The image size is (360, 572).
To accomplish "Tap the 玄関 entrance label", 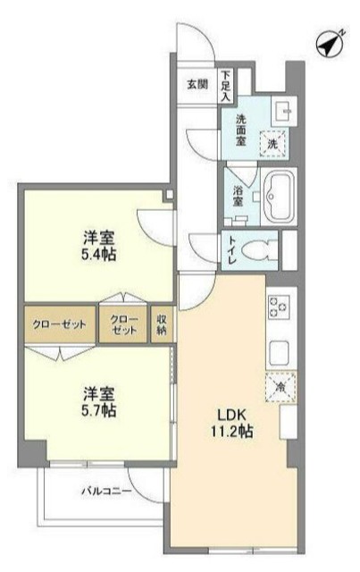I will tap(197, 85).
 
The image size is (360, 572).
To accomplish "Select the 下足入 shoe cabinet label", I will tap(227, 85).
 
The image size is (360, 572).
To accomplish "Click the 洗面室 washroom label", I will tap(242, 130).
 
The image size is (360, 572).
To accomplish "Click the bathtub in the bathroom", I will tap(281, 198).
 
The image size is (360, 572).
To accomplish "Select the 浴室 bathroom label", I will tap(239, 196).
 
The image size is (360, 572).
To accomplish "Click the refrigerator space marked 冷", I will tap(279, 387).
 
